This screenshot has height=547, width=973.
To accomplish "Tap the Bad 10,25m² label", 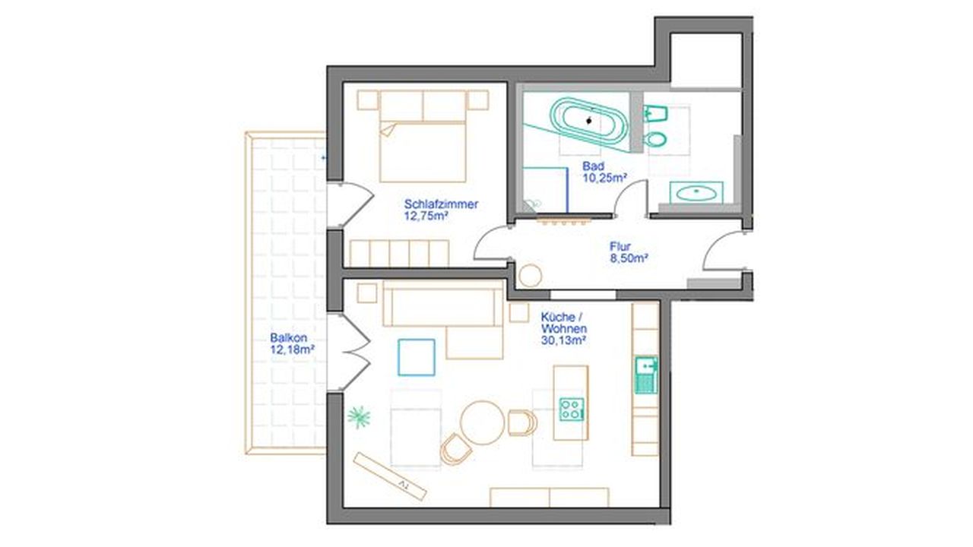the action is pyautogui.click(x=604, y=172).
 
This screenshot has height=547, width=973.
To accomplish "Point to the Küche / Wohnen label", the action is pyautogui.click(x=564, y=329).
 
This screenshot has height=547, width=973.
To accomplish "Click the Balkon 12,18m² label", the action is pyautogui.click(x=292, y=343).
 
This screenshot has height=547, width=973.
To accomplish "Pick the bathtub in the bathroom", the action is pyautogui.click(x=589, y=121).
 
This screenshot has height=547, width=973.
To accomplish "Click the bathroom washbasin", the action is pyautogui.click(x=696, y=192).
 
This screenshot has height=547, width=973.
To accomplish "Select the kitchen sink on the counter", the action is pyautogui.click(x=646, y=375).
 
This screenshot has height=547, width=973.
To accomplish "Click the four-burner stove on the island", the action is pyautogui.click(x=572, y=409).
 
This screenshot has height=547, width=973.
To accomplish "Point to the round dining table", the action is pyautogui.click(x=483, y=422).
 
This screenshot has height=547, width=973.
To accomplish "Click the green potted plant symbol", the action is pyautogui.click(x=359, y=417).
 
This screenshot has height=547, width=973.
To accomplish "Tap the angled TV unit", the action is pyautogui.click(x=390, y=476).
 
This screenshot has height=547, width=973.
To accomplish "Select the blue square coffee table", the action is pyautogui.click(x=417, y=357).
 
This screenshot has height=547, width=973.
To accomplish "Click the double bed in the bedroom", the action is pyautogui.click(x=423, y=136).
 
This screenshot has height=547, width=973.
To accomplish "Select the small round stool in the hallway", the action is pyautogui.click(x=531, y=275).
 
